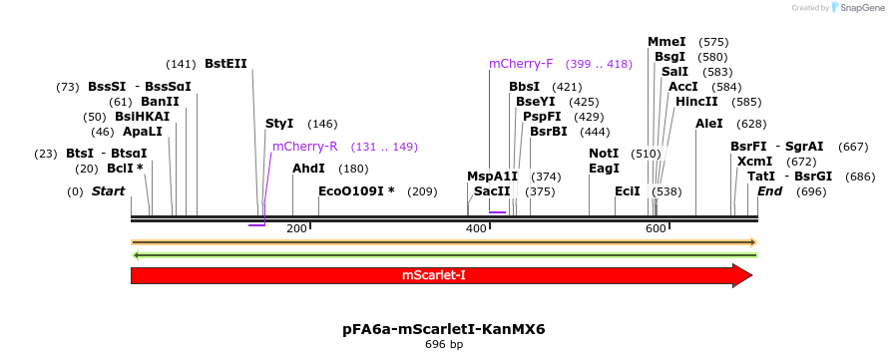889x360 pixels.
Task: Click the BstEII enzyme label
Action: click(225, 63)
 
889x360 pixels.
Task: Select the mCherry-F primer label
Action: click(521, 63)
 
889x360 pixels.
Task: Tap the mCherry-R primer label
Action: click(305, 147)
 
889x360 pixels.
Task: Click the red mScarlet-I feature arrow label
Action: click(434, 275)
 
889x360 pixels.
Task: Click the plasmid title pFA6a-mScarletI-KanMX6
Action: click(443, 328)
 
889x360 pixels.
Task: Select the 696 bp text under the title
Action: click(443, 345)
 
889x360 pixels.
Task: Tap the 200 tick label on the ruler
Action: click(296, 229)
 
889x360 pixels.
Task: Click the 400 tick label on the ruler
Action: click(476, 229)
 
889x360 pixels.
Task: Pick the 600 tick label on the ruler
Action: click(656, 229)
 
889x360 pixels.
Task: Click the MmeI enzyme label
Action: click(667, 42)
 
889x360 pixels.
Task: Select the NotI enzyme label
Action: click(604, 154)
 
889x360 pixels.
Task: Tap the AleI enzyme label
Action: click(709, 124)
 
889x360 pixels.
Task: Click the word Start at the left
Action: click(109, 190)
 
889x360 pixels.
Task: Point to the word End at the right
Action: click(769, 190)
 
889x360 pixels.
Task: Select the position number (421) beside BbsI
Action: click(567, 87)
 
